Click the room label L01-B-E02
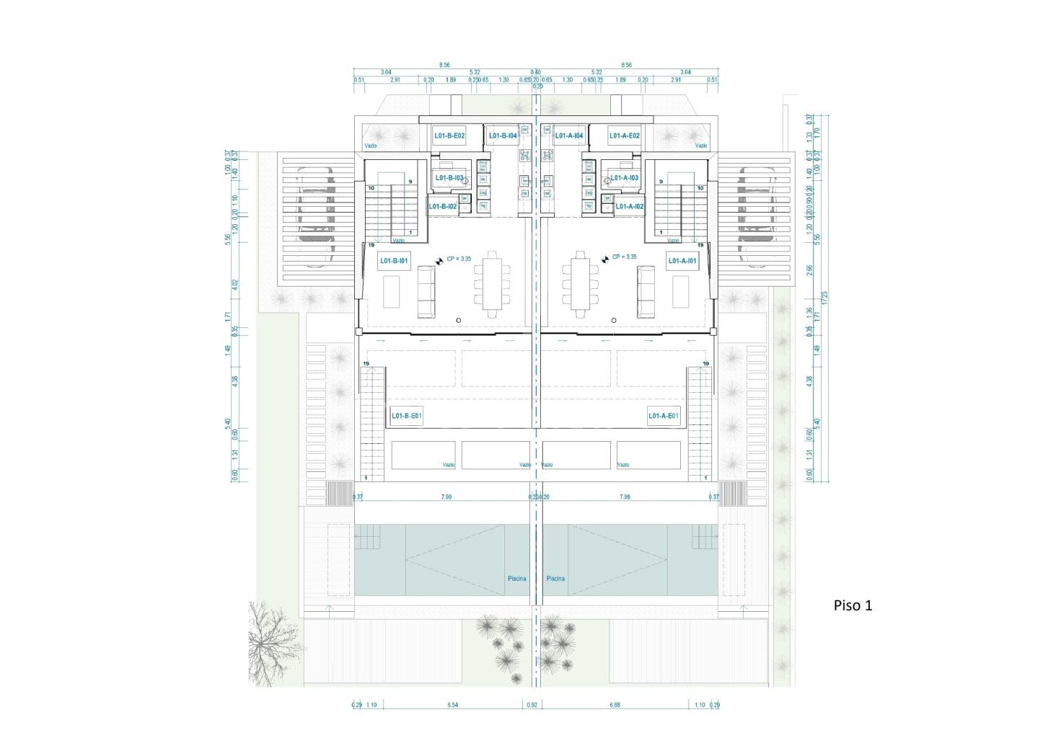pos(449,135)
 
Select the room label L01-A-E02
pos(624,135)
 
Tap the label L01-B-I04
pos(502,135)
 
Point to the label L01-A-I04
pos(568,135)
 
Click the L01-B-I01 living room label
pos(394,261)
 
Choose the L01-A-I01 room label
pos(682,261)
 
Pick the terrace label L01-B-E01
pos(406,416)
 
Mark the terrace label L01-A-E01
pos(663,416)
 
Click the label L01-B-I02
pos(443,207)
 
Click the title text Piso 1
pos(853,605)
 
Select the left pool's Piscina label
pos(516,579)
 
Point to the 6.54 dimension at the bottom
pos(452,705)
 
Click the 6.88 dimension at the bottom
pos(615,705)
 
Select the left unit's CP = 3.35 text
pos(459,259)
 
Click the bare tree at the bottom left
pos(274,638)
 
